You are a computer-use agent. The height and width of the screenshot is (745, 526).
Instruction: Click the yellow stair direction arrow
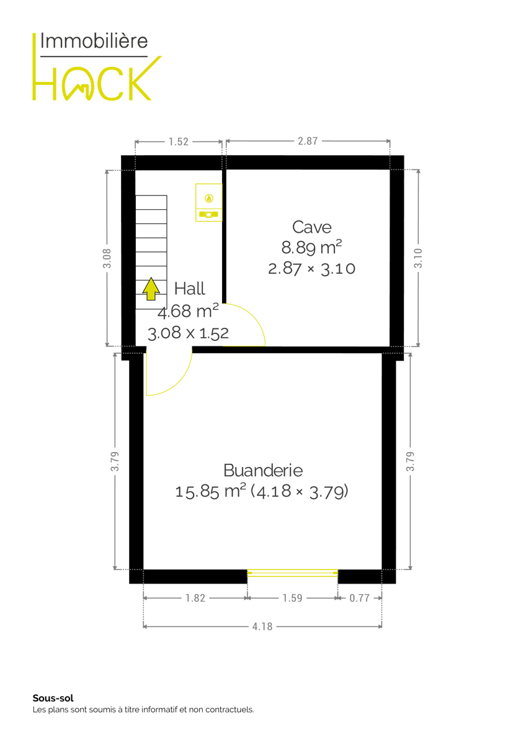151,289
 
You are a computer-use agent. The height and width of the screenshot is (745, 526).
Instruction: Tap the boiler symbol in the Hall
208,202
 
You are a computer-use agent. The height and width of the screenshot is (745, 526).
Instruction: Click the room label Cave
311,227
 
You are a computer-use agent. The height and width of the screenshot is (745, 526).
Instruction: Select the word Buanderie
263,471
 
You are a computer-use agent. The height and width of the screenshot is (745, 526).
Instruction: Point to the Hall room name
189,288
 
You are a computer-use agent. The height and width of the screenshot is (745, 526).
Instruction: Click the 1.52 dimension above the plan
179,142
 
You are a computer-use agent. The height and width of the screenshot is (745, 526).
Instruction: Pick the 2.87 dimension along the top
308,141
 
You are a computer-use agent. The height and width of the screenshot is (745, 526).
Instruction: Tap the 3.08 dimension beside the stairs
107,258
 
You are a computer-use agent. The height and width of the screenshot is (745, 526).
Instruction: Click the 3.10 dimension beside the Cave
418,258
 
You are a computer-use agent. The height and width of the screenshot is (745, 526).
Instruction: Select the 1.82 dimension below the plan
195,598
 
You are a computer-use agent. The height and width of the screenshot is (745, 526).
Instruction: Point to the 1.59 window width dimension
292,598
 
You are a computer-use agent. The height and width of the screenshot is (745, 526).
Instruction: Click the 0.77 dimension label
359,598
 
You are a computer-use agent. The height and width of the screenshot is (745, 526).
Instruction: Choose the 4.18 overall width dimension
262,626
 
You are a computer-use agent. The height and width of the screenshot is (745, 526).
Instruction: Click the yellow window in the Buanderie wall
292,572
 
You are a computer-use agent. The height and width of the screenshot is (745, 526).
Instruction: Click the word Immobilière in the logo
94,41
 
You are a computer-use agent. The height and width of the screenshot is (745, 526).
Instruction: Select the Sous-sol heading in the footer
53,698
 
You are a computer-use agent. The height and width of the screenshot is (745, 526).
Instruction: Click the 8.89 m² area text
311,248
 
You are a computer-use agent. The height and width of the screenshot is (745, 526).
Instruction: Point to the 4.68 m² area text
188,311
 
